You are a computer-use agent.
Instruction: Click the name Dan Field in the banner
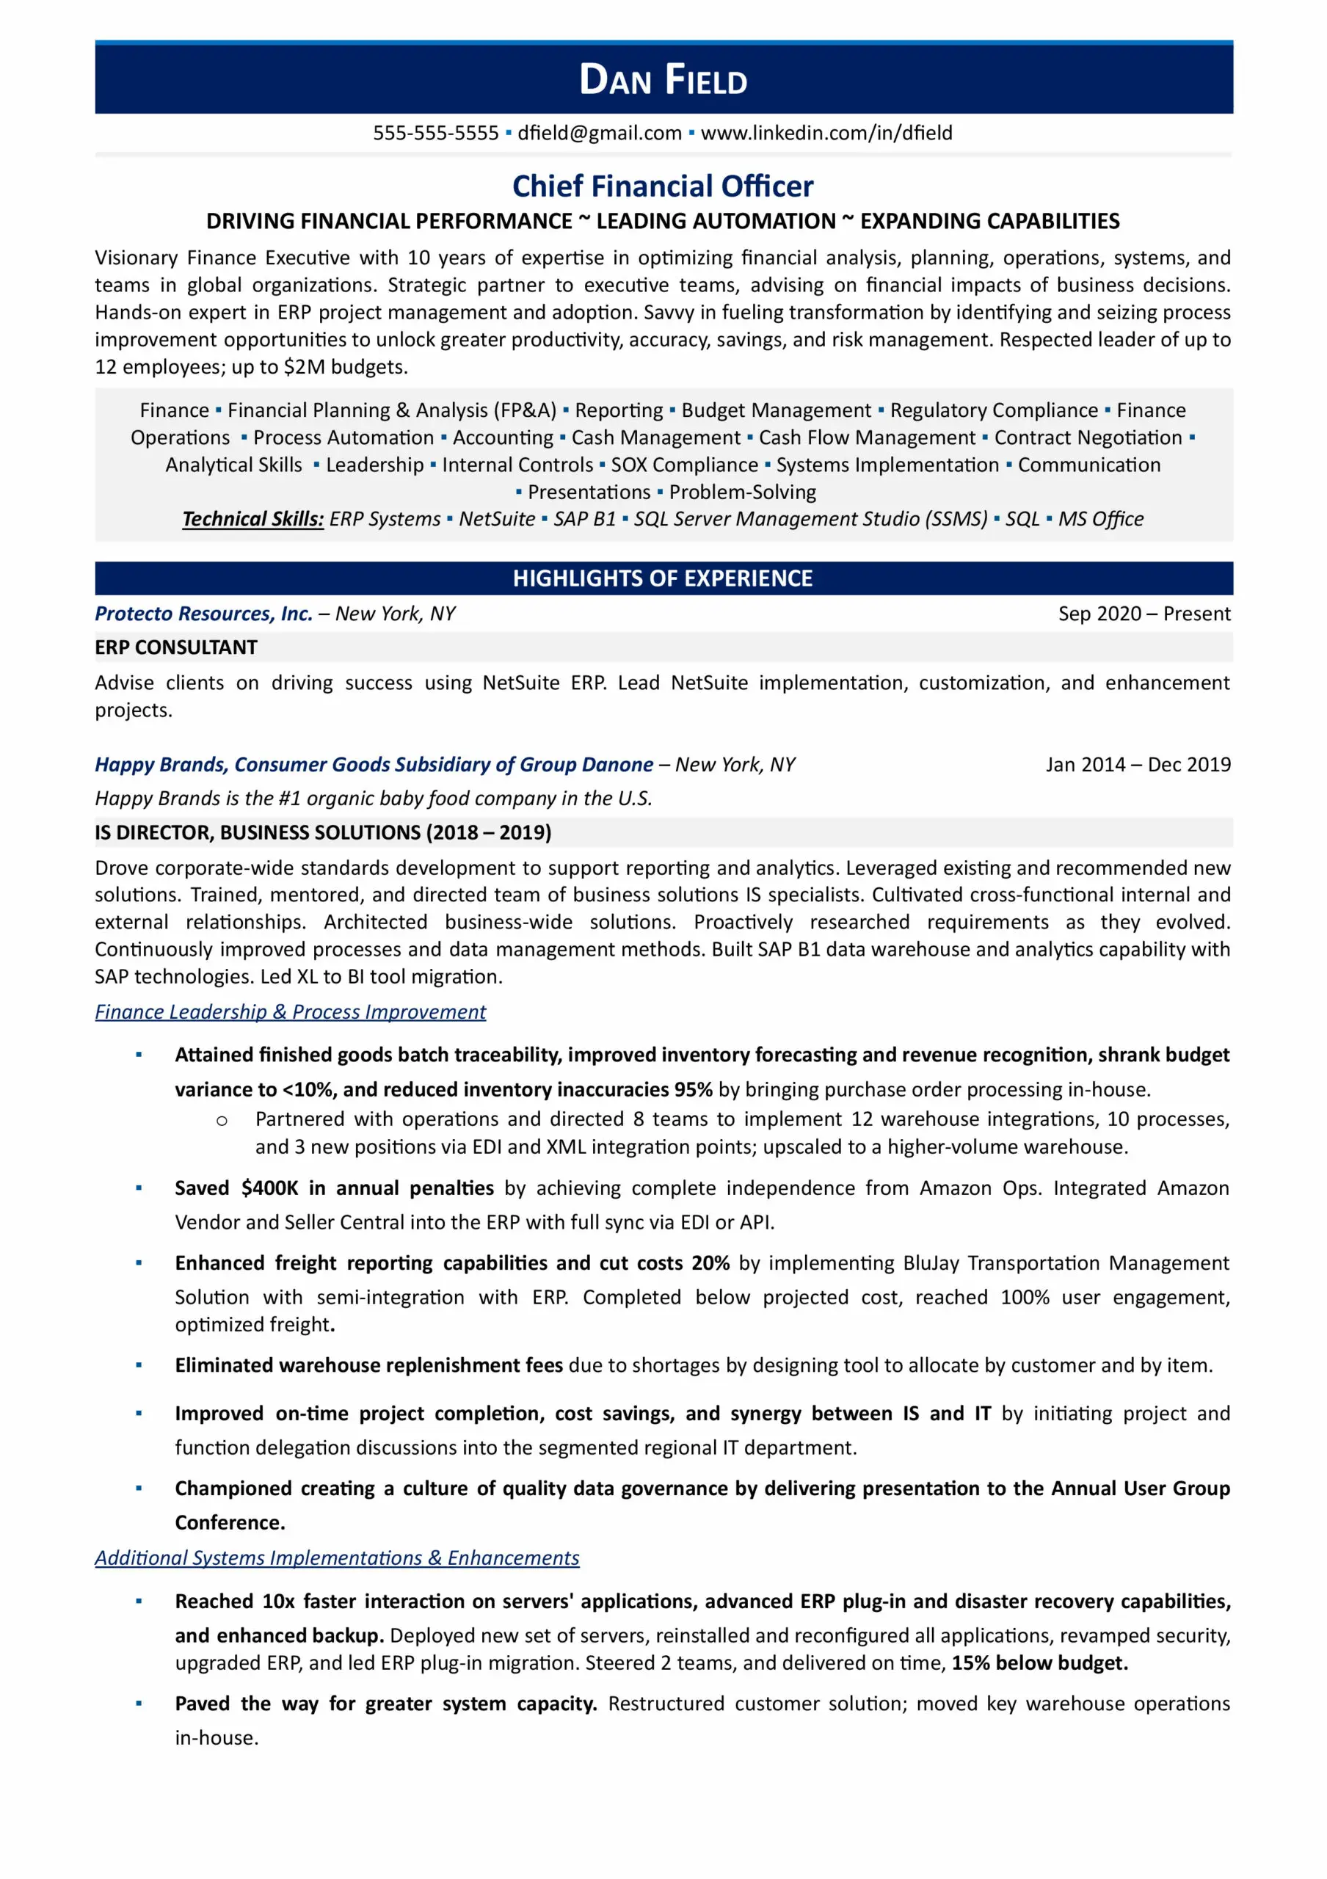[663, 80]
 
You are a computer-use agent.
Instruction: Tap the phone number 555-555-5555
[435, 133]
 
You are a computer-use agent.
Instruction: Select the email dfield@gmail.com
[599, 133]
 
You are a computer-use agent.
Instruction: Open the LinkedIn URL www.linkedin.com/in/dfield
[826, 133]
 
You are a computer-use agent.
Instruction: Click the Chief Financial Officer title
[663, 186]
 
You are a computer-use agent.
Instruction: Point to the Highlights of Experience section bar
[663, 578]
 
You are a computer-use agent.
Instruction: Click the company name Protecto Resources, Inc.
[204, 614]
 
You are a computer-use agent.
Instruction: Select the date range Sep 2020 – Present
[1144, 614]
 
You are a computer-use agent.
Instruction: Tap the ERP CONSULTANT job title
[176, 647]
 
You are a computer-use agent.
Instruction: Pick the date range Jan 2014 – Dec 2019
[1137, 764]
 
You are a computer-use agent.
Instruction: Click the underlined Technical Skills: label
[252, 519]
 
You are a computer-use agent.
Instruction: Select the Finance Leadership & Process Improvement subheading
[291, 1012]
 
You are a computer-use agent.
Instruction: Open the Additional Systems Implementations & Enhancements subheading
[337, 1558]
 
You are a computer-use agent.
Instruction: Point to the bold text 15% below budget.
[1039, 1663]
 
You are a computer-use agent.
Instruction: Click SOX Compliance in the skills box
[684, 465]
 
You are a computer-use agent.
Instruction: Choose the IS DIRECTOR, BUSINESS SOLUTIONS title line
[323, 832]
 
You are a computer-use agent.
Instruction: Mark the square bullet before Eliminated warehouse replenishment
[139, 1365]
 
